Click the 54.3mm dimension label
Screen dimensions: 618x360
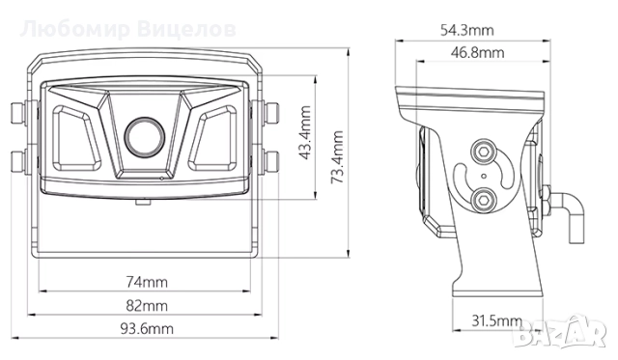466,30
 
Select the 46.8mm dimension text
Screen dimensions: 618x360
477,53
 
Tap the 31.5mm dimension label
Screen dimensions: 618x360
496,321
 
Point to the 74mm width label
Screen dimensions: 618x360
147,282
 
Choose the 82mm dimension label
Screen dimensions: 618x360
147,306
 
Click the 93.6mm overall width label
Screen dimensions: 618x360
147,328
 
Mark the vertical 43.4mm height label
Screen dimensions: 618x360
305,132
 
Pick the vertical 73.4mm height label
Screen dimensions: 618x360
337,157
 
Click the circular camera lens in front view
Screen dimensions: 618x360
144,136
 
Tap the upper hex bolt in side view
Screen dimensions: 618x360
483,152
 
